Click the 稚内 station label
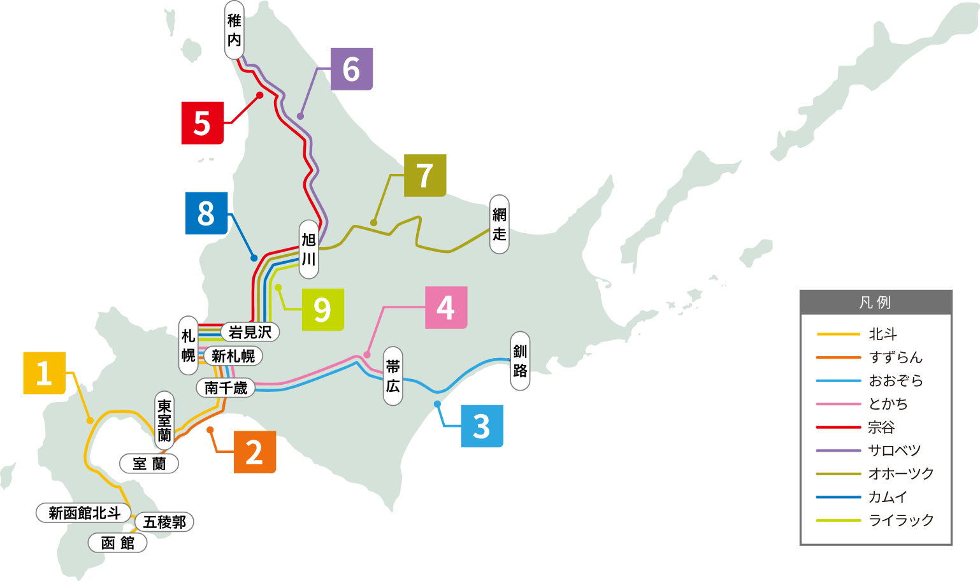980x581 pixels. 234,31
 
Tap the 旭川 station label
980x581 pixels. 308,249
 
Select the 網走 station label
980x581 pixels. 499,224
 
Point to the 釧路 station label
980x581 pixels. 520,361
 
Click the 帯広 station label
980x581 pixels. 393,376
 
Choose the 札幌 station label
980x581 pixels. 188,345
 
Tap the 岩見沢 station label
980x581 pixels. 250,332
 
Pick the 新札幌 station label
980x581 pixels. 233,356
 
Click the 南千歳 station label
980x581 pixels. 226,387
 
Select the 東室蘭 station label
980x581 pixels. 164,420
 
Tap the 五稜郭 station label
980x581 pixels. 164,522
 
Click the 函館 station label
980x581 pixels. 118,543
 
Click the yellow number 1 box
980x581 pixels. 44,373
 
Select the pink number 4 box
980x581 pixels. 446,308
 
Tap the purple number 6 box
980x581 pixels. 352,69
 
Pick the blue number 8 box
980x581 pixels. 206,213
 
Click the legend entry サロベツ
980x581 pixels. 894,450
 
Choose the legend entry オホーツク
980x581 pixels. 900,473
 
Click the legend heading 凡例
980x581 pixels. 876,303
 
